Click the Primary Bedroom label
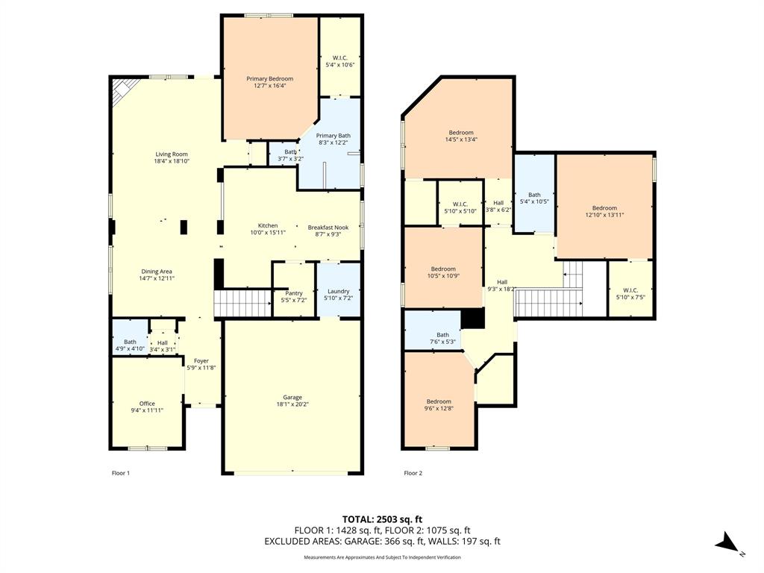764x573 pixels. point(269,78)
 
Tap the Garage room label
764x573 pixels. point(292,398)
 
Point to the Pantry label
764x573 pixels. point(293,293)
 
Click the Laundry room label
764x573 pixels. point(338,291)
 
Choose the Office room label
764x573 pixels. point(147,404)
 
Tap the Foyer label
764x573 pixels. point(201,361)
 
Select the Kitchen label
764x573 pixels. point(268,225)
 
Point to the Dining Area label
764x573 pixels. point(157,272)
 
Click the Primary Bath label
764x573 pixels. point(333,136)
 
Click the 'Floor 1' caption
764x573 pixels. point(121,473)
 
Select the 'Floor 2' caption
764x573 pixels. point(413,473)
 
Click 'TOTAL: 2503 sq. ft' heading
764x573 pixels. point(382,519)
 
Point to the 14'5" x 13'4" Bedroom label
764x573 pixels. point(460,132)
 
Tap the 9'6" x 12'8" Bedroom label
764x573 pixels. point(439,401)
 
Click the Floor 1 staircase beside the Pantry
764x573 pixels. point(242,304)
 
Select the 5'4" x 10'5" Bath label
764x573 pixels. point(534,195)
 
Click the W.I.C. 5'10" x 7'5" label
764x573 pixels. point(630,290)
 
